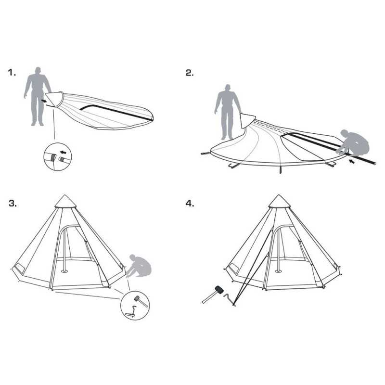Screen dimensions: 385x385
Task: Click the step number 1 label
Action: click(x=12, y=73)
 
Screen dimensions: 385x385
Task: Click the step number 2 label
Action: click(x=190, y=73)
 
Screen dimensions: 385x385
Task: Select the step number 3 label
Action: click(x=13, y=204)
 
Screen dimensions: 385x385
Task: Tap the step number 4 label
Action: click(x=190, y=204)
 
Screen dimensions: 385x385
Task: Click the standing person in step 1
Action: click(x=38, y=96)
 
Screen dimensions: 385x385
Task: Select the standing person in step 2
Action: click(x=228, y=112)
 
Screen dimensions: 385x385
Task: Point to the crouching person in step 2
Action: click(x=354, y=143)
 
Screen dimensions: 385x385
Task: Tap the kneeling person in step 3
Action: click(x=140, y=266)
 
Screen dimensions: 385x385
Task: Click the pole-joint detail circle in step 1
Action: click(x=57, y=157)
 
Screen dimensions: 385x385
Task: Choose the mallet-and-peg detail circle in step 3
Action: click(x=135, y=306)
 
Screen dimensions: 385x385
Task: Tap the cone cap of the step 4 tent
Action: click(x=279, y=201)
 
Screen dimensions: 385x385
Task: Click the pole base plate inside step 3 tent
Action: click(x=64, y=271)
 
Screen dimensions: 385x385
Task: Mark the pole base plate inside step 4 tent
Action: click(x=278, y=271)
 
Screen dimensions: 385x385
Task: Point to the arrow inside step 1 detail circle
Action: click(x=63, y=152)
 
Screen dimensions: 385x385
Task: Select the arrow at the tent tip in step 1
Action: click(x=44, y=101)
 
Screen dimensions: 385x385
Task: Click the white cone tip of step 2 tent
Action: click(x=247, y=121)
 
